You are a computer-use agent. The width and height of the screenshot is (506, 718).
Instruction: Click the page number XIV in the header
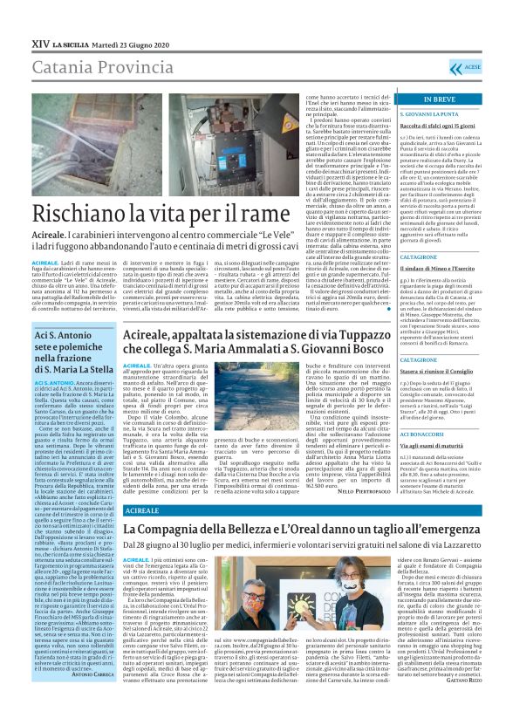coord(39,43)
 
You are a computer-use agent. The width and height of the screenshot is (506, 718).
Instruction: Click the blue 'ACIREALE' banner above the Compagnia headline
coord(143,509)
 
